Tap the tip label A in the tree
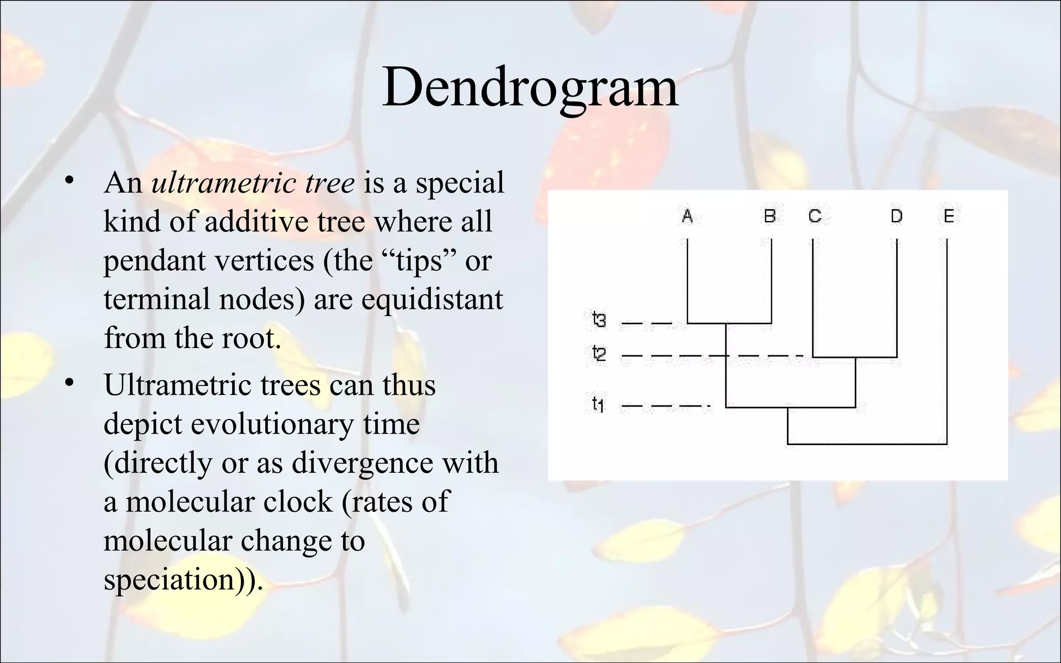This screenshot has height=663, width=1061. coord(687,215)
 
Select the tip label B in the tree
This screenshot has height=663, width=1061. coord(770,215)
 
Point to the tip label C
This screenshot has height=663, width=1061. coord(814,215)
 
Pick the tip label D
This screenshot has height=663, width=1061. coord(896,215)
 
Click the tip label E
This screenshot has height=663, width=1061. coord(948,215)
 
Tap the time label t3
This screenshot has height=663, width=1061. coord(599,321)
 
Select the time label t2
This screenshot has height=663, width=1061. coord(599,354)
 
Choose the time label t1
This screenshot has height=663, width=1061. coord(598,403)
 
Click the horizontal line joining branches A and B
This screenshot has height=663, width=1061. coord(729,323)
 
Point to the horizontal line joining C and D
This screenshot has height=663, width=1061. coord(855,357)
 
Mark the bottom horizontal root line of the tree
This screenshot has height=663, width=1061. coord(867,444)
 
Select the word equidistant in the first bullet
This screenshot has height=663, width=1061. coord(432,299)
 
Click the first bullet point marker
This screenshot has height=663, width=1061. coord(69,181)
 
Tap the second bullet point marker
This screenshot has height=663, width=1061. coord(69,383)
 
